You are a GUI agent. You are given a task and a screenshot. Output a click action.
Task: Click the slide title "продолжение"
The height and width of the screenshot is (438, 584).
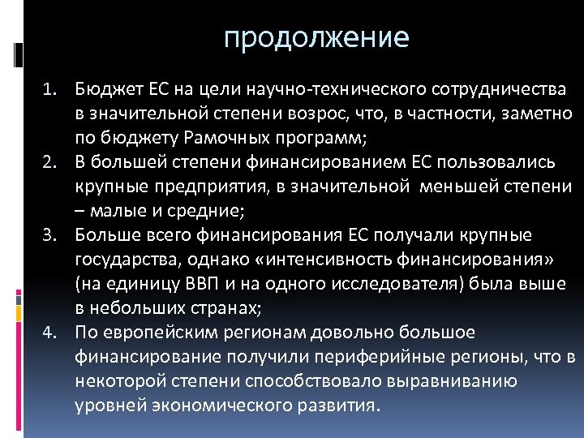coord(316,38)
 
